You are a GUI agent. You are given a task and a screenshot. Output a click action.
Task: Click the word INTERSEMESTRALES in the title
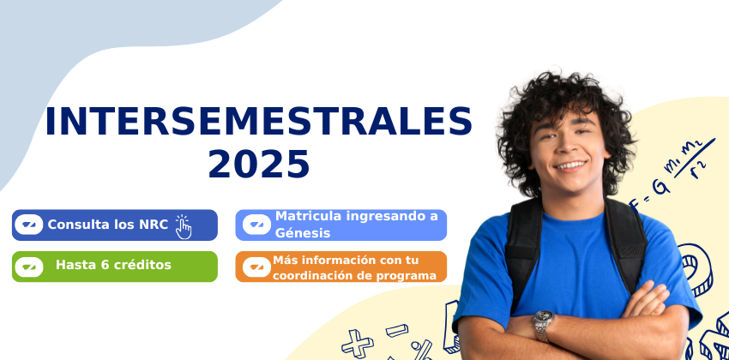[x=258, y=121]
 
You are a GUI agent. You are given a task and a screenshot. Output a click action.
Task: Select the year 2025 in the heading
[x=258, y=165]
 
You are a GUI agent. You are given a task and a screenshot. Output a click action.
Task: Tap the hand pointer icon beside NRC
[x=184, y=227]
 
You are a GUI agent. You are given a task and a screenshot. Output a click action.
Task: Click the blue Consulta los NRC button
[x=115, y=225]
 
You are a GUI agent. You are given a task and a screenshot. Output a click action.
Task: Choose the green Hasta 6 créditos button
[x=115, y=267]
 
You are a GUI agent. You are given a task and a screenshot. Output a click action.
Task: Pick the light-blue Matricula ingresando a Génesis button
[x=340, y=225]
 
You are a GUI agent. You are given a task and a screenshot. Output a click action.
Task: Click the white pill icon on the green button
[x=29, y=267]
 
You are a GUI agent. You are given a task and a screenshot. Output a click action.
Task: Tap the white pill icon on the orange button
[x=256, y=267]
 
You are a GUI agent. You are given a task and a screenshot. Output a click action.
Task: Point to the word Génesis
[x=303, y=233]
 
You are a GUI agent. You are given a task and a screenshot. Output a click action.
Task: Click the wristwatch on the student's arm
[x=543, y=326]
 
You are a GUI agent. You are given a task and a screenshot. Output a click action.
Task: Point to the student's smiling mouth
[x=571, y=165]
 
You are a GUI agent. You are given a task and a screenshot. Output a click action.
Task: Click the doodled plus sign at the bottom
[x=357, y=343]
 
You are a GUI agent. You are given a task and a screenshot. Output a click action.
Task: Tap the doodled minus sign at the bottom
[x=396, y=330]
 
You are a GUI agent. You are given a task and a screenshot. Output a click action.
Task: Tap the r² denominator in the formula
[x=699, y=169]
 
